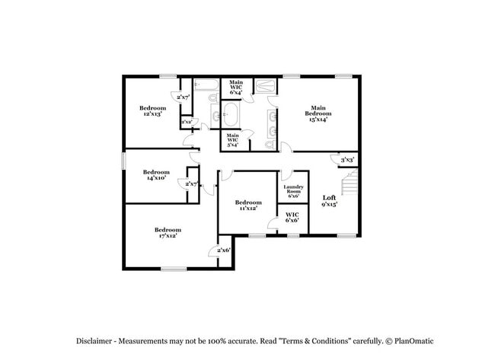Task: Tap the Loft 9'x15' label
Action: click(330, 200)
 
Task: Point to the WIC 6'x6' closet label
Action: click(292, 217)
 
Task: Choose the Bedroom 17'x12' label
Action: click(168, 233)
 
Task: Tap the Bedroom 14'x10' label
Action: click(156, 175)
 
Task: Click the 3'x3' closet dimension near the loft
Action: click(347, 160)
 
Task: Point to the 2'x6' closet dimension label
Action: click(223, 250)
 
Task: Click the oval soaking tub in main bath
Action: click(228, 116)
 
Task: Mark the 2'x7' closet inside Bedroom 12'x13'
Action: click(183, 97)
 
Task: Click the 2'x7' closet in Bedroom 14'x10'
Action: click(190, 184)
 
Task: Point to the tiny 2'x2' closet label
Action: click(187, 122)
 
